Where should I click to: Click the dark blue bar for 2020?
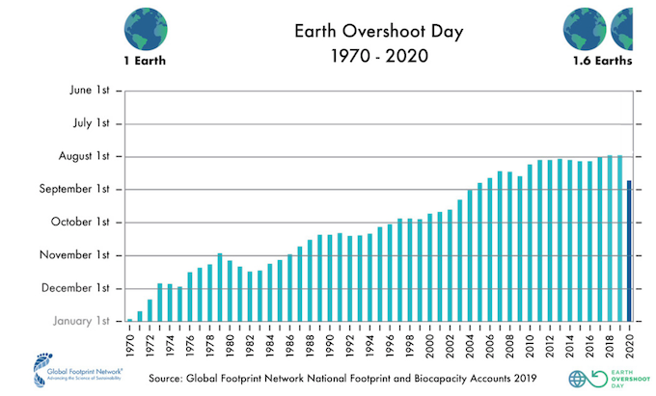point(629,251)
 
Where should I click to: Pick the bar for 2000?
point(429,267)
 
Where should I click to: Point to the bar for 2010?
point(530,243)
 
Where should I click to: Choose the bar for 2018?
point(609,238)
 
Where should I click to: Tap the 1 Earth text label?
point(145,62)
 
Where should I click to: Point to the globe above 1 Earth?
point(145,25)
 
